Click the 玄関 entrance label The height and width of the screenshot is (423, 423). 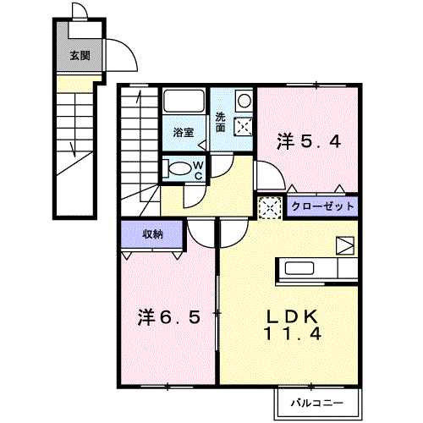[80, 56]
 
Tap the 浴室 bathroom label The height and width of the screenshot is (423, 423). [184, 132]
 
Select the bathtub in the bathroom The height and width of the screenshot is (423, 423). [184, 101]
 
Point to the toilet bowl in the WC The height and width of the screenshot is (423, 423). [180, 168]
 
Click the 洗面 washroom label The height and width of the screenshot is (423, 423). [221, 123]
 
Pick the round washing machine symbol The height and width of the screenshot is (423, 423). [244, 101]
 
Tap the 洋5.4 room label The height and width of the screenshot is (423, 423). [309, 141]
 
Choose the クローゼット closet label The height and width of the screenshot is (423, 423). [322, 206]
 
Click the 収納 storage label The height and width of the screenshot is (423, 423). [152, 234]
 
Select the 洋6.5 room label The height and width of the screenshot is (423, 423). [169, 317]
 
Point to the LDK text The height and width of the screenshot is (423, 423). [292, 316]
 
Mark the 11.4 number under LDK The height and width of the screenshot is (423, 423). [293, 333]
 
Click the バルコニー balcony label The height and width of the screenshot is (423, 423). [317, 403]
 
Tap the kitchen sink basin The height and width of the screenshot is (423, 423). [299, 268]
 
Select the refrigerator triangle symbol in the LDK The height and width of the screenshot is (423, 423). [345, 245]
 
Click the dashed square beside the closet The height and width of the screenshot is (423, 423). [270, 208]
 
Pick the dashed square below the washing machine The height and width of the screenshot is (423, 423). [243, 126]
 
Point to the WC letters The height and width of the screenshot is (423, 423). [199, 170]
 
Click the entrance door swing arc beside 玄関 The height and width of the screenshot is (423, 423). [128, 47]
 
